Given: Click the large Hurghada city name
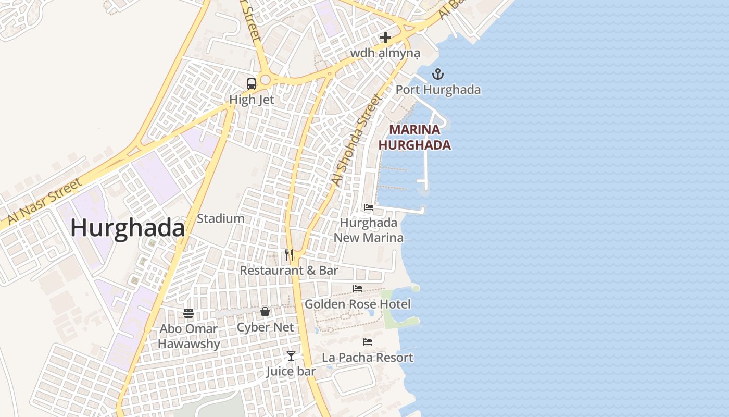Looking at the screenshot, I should [128, 228].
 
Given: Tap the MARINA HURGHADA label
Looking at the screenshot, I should [414, 137].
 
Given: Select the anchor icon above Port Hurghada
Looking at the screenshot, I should [438, 74].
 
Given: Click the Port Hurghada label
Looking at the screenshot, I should [438, 90].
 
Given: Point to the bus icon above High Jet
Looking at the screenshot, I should [252, 83].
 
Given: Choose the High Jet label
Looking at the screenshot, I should [252, 99].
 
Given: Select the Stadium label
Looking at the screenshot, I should [221, 218].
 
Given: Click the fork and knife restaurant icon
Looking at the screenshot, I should [289, 255].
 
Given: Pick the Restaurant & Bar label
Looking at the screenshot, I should [288, 271].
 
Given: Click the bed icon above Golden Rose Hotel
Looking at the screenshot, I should [358, 288].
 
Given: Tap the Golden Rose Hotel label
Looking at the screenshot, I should [358, 304].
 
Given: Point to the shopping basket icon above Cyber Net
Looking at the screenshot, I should [265, 312].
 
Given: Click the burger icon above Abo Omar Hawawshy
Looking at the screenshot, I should [188, 313].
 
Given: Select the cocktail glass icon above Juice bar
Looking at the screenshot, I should [291, 355].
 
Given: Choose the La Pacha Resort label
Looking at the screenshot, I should [368, 358].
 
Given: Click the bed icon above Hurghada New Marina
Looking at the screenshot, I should [369, 207].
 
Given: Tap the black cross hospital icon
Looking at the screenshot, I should [385, 38].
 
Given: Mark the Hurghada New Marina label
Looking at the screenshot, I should [369, 230].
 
